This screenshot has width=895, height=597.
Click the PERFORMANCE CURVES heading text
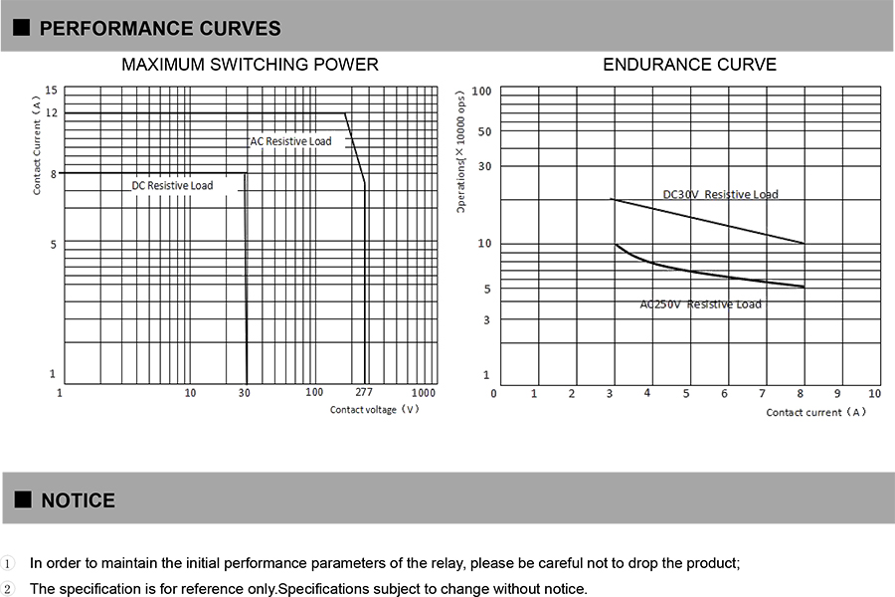tap(160, 29)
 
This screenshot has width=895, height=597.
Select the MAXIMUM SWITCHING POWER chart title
tap(250, 65)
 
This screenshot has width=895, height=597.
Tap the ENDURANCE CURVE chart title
tap(689, 65)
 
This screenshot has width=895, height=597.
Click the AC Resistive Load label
tap(290, 141)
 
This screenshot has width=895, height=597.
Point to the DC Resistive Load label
tap(172, 186)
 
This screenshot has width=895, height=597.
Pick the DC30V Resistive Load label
tap(720, 194)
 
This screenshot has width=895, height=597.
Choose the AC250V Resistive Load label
tap(700, 303)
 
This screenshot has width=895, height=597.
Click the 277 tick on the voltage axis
tap(364, 393)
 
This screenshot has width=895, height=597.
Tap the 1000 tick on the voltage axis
tap(424, 393)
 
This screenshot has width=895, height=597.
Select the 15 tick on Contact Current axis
tap(51, 91)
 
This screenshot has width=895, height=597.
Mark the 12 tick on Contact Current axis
tap(51, 113)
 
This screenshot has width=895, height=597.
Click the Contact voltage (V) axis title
tap(375, 410)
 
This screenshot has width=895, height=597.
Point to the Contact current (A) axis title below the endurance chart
tap(815, 412)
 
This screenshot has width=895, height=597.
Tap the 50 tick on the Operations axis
tap(484, 131)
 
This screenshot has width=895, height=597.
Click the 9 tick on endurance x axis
tap(837, 394)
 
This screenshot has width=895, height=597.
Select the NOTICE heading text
tap(78, 500)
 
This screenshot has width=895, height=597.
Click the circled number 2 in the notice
tap(9, 589)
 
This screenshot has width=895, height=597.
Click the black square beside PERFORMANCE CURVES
tap(22, 29)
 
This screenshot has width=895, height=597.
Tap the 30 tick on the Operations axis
tap(484, 166)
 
